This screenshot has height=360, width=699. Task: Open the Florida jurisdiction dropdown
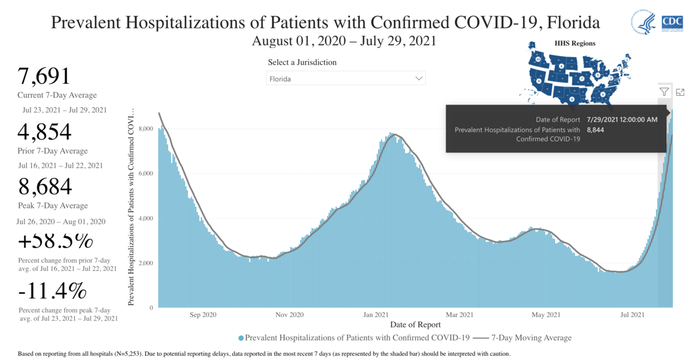pos(346,78)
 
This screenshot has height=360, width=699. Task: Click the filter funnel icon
pos(664,91)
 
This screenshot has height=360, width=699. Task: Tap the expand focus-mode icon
pos(680,91)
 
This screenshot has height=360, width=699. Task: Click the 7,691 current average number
pos(44,76)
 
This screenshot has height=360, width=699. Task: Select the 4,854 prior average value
pos(45,132)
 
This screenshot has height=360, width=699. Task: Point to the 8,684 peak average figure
pos(45,186)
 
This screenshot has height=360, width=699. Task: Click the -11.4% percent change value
pos(52,291)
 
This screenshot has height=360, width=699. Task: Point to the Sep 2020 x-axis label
pos(203,315)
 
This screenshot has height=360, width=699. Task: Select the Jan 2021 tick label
pos(376,315)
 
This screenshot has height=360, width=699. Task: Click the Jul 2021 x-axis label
pos(632,315)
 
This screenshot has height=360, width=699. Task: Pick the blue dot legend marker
pos(241,338)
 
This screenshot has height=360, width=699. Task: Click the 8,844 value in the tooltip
pos(596,129)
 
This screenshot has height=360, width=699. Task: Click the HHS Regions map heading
pos(574,43)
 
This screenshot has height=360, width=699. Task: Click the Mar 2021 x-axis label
pos(458,315)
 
